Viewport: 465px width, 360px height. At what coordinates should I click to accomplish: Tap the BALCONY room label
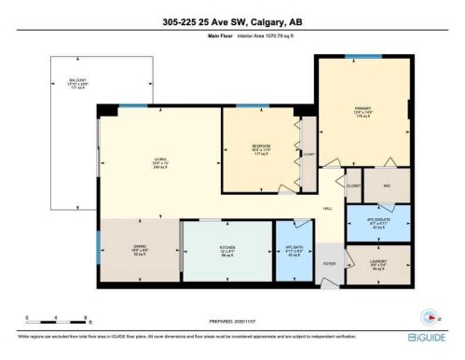(64, 81)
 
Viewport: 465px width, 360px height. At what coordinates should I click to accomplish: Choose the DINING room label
(140, 247)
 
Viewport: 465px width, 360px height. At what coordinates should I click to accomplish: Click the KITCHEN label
(226, 247)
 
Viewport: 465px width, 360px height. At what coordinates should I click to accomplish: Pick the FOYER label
(329, 264)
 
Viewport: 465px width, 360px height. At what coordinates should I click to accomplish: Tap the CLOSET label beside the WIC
(353, 185)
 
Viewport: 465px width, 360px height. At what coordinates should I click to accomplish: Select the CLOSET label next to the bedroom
(309, 155)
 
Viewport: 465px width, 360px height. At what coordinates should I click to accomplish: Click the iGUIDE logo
(429, 336)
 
